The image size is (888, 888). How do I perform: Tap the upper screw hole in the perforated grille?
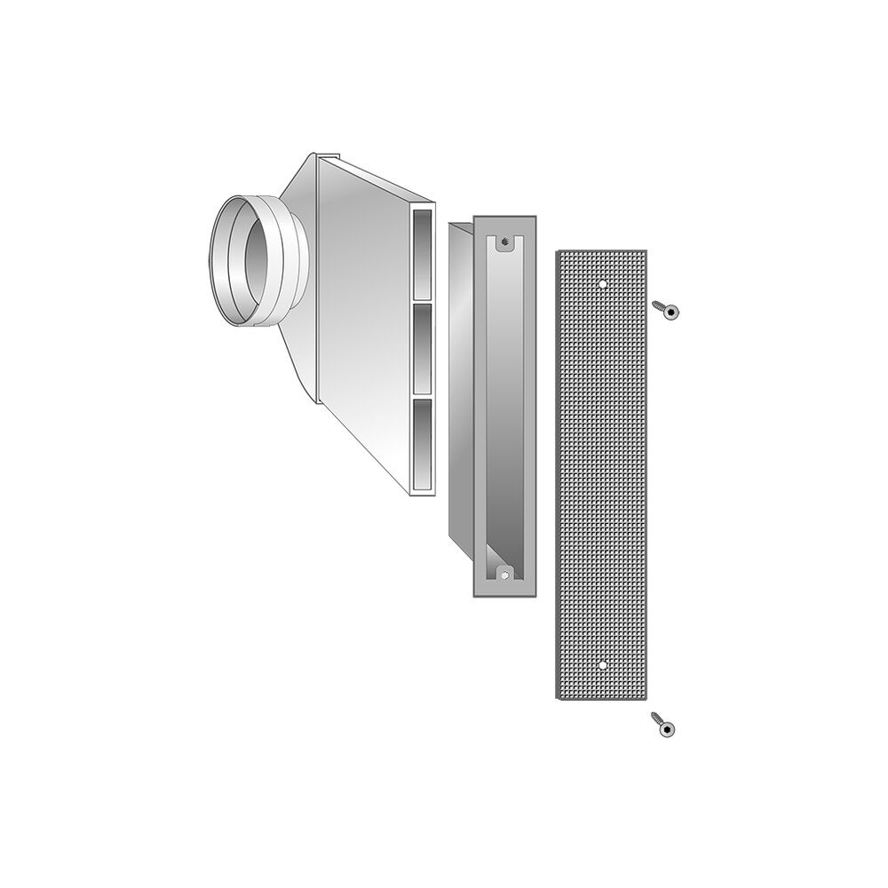603,284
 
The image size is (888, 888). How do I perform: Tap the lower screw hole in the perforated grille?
603,664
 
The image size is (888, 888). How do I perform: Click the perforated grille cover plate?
604,480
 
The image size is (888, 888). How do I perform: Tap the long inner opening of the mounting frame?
504,408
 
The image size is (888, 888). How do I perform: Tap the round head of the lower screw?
667,728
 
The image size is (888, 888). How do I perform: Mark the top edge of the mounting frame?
504,218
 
